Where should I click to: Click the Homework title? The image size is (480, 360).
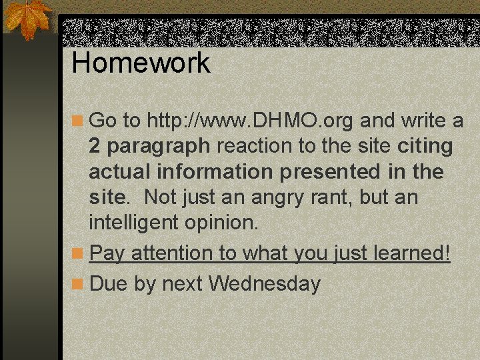point(141,63)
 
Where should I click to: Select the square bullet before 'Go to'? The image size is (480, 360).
point(79,121)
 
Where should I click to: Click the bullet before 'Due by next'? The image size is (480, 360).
point(79,285)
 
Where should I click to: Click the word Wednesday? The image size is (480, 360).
point(265,284)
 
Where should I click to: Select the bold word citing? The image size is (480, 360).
point(425,146)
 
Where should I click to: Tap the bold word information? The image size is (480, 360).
point(215,171)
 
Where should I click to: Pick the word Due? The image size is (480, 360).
point(109,284)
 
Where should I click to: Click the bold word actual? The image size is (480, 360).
point(120,171)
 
